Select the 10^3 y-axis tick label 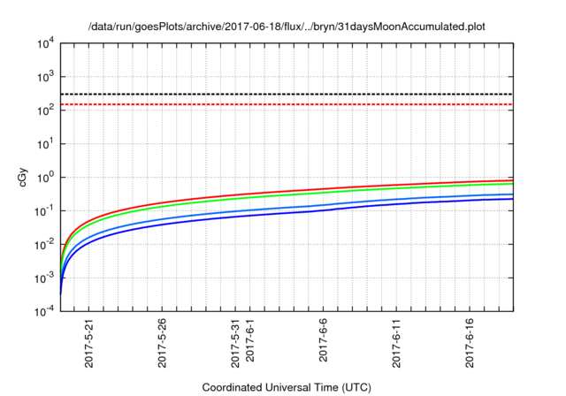coord(45,77)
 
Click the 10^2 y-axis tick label coord(45,110)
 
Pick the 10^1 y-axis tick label coord(45,143)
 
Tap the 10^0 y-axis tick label coord(45,177)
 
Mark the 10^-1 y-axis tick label coord(44,210)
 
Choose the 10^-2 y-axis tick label coord(44,244)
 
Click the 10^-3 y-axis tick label coord(44,278)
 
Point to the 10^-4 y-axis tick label coord(44,311)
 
